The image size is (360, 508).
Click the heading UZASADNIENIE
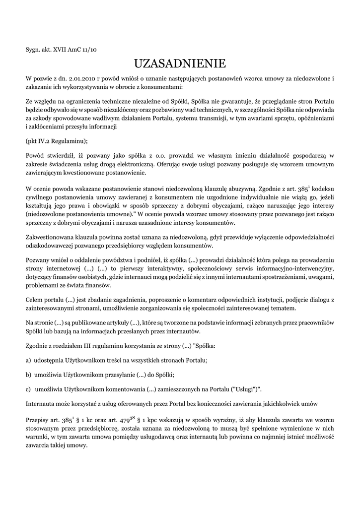pyautogui.click(x=180, y=63)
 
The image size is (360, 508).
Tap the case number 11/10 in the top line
pyautogui.click(x=91, y=50)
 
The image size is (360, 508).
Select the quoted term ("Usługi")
pyautogui.click(x=243, y=389)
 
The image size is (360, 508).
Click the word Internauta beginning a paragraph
pyautogui.click(x=43, y=404)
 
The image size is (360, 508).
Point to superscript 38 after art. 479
pyautogui.click(x=133, y=418)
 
